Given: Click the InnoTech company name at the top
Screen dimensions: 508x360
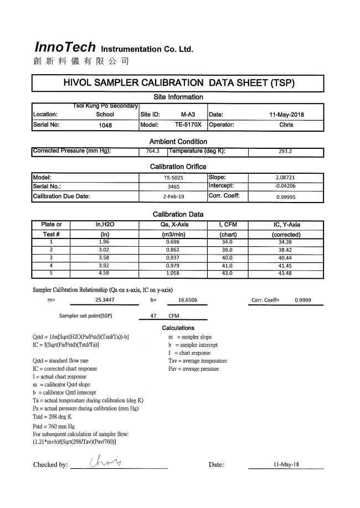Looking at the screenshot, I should pos(65,47).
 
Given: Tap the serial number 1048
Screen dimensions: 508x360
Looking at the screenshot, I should pos(105,125).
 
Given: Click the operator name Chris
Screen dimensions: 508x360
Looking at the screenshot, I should pos(286,125).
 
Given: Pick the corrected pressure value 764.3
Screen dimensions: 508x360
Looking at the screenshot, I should pos(152,151).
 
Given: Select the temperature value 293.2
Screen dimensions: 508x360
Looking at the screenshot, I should pos(286,151).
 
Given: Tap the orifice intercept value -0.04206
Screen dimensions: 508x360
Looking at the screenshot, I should pos(285,186).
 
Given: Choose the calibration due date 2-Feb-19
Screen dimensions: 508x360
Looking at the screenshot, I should pos(173,196).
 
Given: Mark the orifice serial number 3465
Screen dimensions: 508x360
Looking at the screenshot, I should pos(173,186).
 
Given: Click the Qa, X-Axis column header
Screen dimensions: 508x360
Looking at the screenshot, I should pos(173,225).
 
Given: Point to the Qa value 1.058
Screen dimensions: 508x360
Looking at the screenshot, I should pos(173,273).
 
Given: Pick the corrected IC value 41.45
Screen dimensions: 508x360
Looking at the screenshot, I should pos(286,266).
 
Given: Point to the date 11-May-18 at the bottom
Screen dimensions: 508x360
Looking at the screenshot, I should pos(286,464).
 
